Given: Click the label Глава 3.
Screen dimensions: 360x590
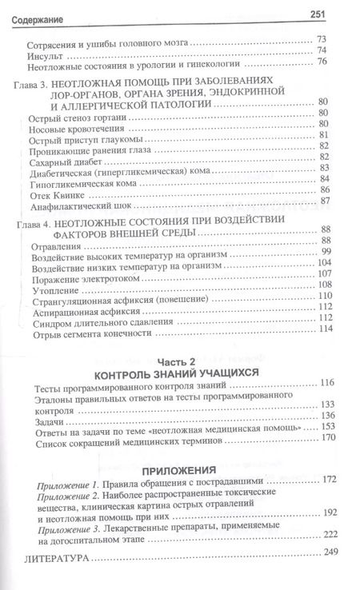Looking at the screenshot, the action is click(38, 82).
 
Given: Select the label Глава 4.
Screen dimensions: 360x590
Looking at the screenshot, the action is click(38, 221).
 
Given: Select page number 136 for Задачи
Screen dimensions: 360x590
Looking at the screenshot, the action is click(342, 417).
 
